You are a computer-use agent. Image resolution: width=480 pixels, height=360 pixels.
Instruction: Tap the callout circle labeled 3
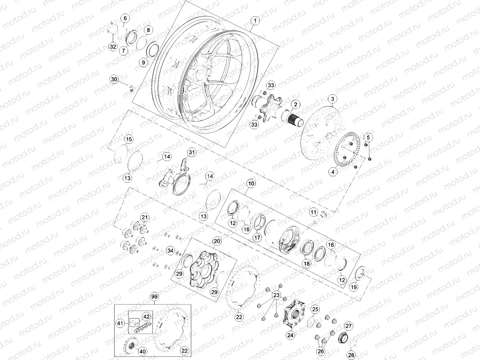(332, 99)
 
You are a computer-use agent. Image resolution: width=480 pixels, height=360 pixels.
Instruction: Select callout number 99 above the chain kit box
(154, 297)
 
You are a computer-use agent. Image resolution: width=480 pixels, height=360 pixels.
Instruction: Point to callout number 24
(290, 335)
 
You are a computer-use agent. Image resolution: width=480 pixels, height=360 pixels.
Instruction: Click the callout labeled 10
(251, 184)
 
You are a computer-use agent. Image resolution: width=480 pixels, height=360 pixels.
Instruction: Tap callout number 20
(217, 241)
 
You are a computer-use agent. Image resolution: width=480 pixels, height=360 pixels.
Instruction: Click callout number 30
(114, 79)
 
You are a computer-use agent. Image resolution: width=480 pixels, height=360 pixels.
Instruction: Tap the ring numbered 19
(361, 273)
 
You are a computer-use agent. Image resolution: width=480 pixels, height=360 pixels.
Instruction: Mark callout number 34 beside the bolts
(170, 250)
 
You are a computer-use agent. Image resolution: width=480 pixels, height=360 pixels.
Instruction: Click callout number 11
(313, 212)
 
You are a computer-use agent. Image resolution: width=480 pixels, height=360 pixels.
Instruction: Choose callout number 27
(348, 326)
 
